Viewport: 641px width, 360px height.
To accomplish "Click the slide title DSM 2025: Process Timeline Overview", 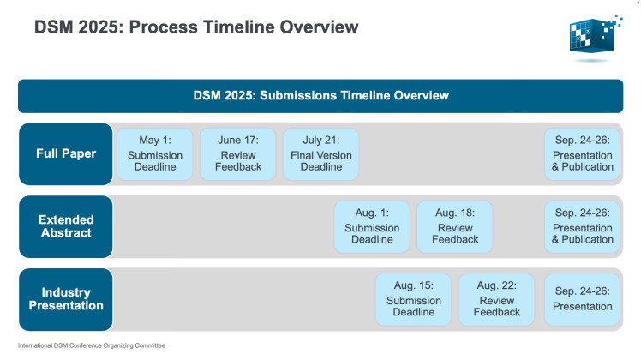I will pos(196,27).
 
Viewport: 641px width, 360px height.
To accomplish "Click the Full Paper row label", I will pos(65,154).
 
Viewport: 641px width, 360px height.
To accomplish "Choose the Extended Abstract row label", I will pos(65,227).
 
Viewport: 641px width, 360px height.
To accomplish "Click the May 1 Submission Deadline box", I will pos(155,154).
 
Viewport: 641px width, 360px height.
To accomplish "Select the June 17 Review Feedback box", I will pos(238,154).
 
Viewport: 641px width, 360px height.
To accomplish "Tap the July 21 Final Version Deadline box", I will pos(320,154).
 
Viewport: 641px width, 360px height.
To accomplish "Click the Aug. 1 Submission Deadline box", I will pos(372,227).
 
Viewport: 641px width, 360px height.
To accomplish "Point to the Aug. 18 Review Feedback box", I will pos(455,227).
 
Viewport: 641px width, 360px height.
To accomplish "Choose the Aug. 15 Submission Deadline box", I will pos(414,299).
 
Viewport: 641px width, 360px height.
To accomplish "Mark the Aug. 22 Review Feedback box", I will pos(497,299).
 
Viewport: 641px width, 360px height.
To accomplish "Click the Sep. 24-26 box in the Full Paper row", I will pos(583,154).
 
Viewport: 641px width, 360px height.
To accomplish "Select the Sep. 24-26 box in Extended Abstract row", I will pos(583,227).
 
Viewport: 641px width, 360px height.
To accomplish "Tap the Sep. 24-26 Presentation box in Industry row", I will pos(583,299).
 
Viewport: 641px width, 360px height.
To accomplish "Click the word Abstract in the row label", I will pos(65,234).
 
